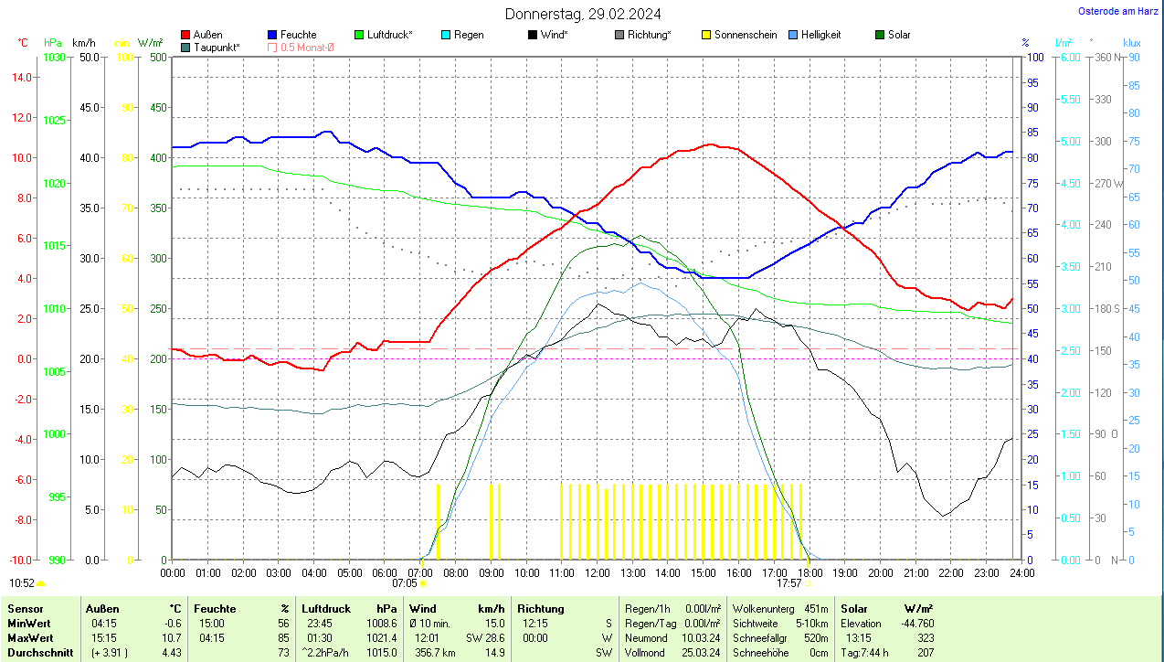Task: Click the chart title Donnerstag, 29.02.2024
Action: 583,14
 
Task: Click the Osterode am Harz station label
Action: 1119,11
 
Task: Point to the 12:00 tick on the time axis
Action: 597,572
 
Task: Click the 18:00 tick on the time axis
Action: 809,572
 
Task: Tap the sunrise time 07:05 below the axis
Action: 405,582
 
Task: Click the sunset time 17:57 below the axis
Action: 788,582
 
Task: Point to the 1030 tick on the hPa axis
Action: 54,58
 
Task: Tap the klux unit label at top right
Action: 1132,43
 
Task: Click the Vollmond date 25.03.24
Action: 701,653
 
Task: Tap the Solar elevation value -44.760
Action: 914,624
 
